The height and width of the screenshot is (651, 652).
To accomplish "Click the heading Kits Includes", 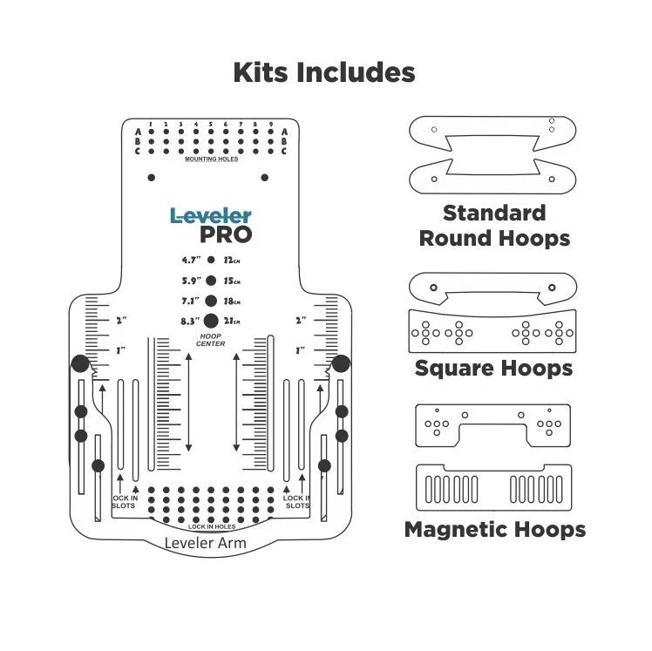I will point(323,72).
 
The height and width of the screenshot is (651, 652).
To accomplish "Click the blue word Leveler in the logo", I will point(210,214).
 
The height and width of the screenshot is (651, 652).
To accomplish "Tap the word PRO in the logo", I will point(226,234).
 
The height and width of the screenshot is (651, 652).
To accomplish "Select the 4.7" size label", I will point(191,260).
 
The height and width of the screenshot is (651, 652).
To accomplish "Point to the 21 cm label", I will point(232,321).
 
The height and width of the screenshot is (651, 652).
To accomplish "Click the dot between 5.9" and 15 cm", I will point(211,280).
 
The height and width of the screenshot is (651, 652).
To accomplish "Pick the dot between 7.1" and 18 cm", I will point(211,300).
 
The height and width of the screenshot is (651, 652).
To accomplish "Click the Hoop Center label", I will point(211,340).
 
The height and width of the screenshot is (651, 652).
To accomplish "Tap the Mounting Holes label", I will point(210,159).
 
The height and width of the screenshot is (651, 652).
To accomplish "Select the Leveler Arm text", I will point(206,544).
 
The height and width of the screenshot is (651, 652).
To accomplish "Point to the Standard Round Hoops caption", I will point(494,226).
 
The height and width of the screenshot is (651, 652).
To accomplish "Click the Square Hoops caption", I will point(493,368).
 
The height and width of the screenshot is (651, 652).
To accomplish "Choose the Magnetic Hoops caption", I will point(494,529).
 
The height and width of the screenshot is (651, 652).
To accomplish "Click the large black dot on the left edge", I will point(80,363).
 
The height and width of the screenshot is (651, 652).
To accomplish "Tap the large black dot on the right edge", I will point(341,363).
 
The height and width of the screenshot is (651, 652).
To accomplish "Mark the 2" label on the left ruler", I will point(121,321).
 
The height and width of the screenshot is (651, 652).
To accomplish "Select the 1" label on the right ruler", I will point(301,349).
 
